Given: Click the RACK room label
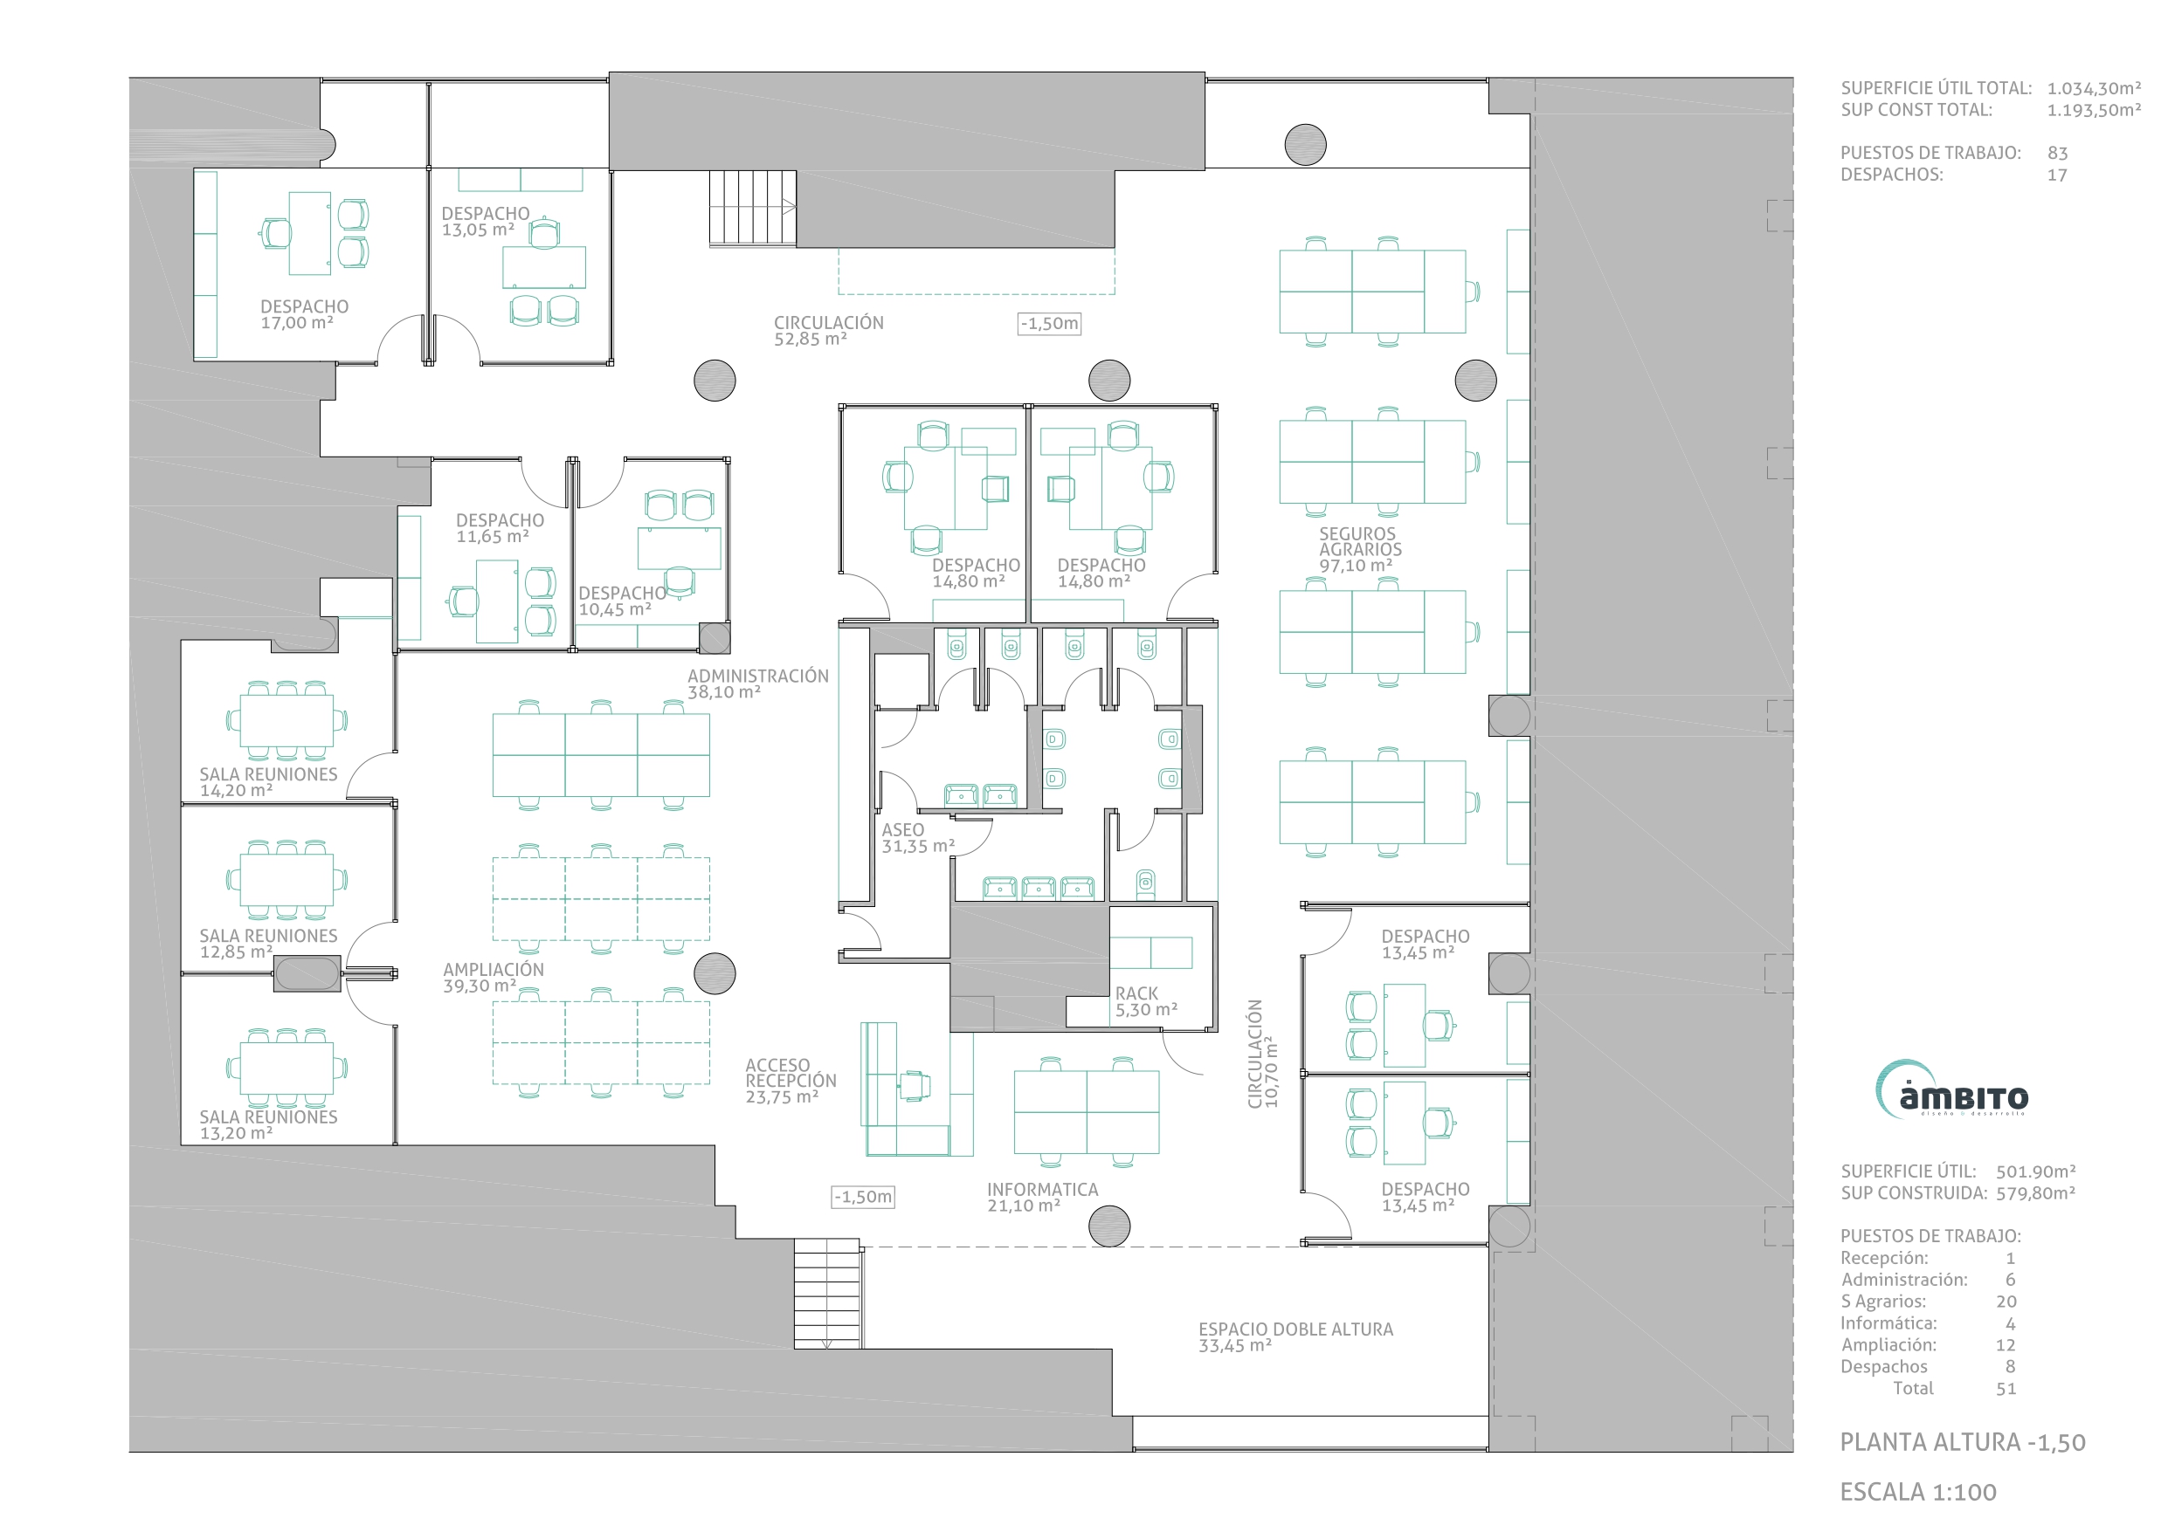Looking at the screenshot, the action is point(1146,1001).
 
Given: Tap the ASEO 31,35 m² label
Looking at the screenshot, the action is point(918,838).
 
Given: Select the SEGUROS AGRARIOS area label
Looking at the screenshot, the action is point(1360,549).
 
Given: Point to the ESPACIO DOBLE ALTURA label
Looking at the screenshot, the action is point(1295,1336).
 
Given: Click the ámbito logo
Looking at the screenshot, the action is point(1951,1090).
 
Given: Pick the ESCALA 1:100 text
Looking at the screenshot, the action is point(1918,1493).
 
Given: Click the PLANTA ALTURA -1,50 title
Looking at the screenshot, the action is point(1962,1442).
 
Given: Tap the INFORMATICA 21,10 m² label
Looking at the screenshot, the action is point(1042,1198).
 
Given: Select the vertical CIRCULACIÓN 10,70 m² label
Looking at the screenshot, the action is point(1262,1054).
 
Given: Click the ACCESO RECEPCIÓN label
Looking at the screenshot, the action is point(791,1081).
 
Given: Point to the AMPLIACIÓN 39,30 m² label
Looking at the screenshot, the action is point(493,977).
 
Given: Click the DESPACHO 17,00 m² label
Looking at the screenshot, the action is point(304,314).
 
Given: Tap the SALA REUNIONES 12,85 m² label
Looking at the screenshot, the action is point(268,943).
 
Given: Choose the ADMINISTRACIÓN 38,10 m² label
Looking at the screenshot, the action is point(757,684).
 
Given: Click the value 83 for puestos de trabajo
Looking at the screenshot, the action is point(2058,153).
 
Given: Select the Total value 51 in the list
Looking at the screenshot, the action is point(2006,1389).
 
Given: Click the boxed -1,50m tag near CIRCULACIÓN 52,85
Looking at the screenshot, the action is point(1049,324).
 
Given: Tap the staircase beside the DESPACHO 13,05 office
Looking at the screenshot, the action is point(753,209).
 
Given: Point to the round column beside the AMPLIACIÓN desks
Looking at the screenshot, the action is point(715,973).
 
